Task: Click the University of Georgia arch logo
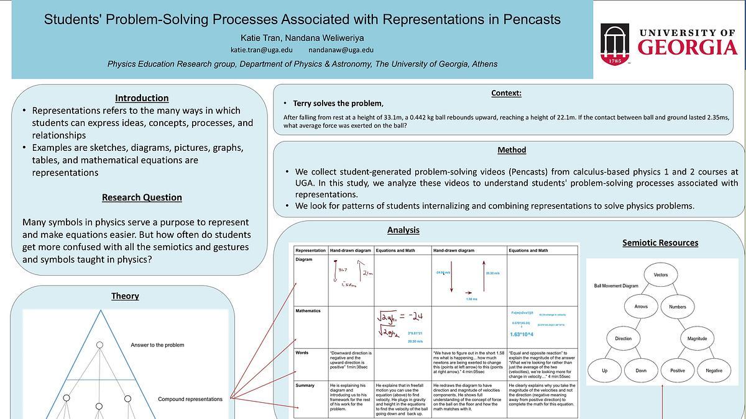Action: coord(614,43)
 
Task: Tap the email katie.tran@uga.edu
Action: coord(261,50)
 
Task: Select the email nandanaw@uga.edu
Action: coord(341,50)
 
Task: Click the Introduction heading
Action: coord(142,97)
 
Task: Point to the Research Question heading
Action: coord(142,197)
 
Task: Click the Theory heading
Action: coord(125,296)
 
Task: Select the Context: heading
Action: coord(506,93)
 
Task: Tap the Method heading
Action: coord(512,150)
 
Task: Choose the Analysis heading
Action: coord(403,230)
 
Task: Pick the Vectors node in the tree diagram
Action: coord(661,274)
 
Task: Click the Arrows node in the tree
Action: coord(641,306)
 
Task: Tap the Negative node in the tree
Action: coord(714,370)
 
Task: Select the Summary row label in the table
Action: coord(305,385)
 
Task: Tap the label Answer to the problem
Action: coord(157,345)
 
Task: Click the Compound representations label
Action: coord(190,399)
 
